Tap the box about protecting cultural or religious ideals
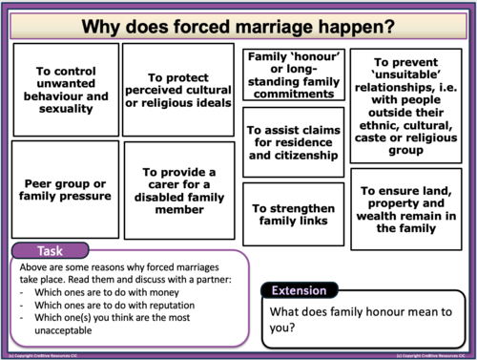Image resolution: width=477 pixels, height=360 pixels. (x=178, y=90)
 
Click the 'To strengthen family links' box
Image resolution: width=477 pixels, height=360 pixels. (x=291, y=213)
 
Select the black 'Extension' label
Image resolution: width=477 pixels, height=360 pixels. (x=299, y=291)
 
